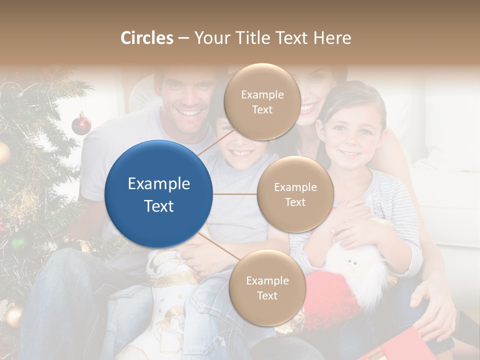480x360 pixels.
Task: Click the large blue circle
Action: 159,194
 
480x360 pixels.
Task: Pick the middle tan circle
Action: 295,194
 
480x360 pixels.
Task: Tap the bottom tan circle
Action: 267,287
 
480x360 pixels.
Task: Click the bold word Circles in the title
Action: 147,38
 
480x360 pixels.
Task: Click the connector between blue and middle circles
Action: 234,194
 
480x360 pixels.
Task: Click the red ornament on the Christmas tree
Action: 81,124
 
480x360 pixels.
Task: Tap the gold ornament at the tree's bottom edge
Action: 13,315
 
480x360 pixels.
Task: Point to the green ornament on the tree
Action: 18,242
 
